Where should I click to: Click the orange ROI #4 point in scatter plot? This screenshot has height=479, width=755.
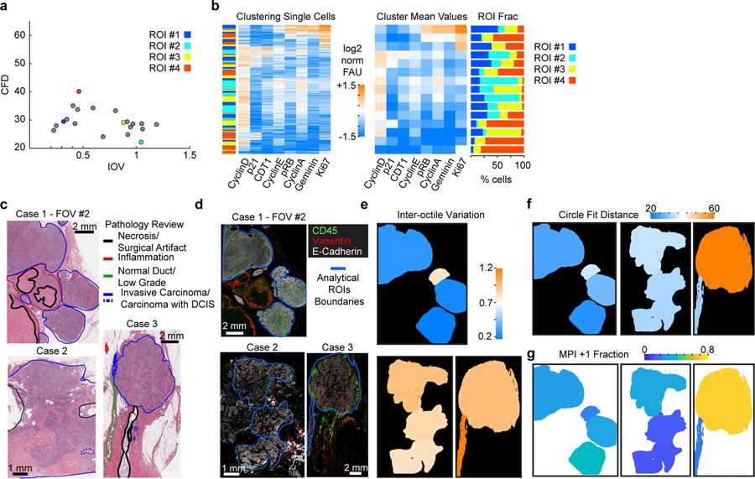coord(79,91)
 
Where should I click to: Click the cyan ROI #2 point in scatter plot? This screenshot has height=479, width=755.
coord(141,143)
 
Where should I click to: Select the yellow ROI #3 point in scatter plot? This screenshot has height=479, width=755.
coord(125,122)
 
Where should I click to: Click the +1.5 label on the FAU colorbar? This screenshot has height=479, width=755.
coord(346,85)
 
